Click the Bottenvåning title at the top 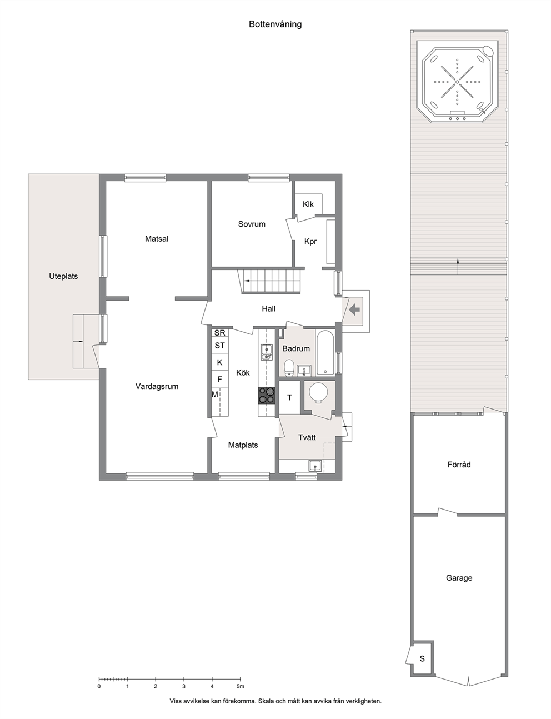[x=275, y=24]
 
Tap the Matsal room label [x=157, y=238]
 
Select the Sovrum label [x=252, y=224]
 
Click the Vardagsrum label [x=157, y=386]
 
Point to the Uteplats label [x=63, y=276]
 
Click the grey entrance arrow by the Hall [x=354, y=310]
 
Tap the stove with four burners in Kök [x=266, y=396]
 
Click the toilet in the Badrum [x=289, y=368]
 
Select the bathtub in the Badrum [x=325, y=353]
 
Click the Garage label [x=459, y=578]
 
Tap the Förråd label [x=459, y=464]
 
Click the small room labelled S [x=422, y=658]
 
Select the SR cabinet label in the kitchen [x=219, y=333]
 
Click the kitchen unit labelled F [x=219, y=379]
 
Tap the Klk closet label [x=308, y=204]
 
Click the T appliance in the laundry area [x=289, y=397]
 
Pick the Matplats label [x=243, y=445]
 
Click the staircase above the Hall [x=271, y=281]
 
